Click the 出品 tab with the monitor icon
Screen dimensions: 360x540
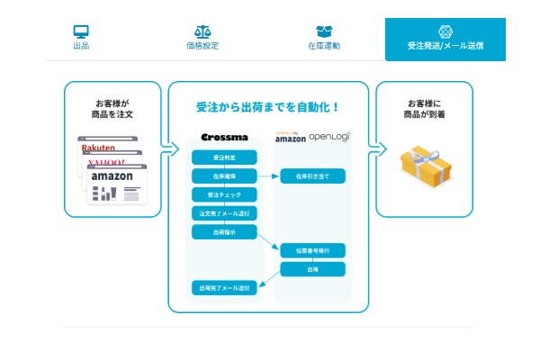pyautogui.click(x=81, y=38)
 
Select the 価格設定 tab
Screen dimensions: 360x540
pyautogui.click(x=203, y=38)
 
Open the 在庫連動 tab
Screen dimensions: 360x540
pyautogui.click(x=323, y=38)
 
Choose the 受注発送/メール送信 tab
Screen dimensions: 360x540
pyautogui.click(x=445, y=39)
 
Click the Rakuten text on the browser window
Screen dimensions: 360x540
pyautogui.click(x=100, y=148)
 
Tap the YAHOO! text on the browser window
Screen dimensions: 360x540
pyautogui.click(x=108, y=163)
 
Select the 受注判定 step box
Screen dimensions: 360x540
pyautogui.click(x=223, y=157)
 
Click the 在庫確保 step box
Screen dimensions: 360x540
pyautogui.click(x=223, y=176)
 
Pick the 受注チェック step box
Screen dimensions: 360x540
pyautogui.click(x=223, y=194)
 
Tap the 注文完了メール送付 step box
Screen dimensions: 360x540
pyautogui.click(x=223, y=213)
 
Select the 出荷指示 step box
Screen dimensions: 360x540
pyautogui.click(x=223, y=231)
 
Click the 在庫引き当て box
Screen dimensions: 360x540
pyautogui.click(x=312, y=176)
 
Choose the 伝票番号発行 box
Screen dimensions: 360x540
pyautogui.click(x=312, y=250)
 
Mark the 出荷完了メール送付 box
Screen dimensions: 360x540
pyautogui.click(x=223, y=288)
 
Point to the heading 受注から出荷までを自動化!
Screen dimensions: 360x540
pyautogui.click(x=267, y=106)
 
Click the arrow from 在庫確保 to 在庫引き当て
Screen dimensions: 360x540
pyautogui.click(x=268, y=176)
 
